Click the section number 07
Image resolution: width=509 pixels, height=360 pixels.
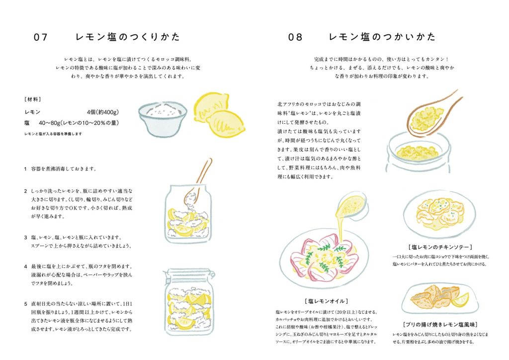pos(41,37)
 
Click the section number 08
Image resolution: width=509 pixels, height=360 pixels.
pos(295,37)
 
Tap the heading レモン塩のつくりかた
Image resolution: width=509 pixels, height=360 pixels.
pos(128,37)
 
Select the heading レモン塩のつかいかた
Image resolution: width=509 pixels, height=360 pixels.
pos(382,37)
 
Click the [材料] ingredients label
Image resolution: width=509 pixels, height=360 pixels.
pos(33,99)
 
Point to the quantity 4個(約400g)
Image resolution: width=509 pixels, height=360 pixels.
pos(102,112)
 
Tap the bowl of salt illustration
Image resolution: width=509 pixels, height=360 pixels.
pos(163,118)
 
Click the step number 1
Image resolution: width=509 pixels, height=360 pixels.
pos(25,169)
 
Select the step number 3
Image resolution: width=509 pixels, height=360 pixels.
pos(25,237)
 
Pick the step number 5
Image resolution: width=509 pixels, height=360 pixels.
pos(25,304)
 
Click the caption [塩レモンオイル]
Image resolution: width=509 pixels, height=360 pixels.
pos(327,301)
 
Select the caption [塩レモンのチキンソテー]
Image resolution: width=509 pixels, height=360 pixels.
pos(440,247)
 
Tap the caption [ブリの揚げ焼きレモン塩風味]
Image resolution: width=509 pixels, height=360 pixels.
pos(440,325)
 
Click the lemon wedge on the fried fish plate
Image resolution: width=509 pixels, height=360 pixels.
pos(461,300)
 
